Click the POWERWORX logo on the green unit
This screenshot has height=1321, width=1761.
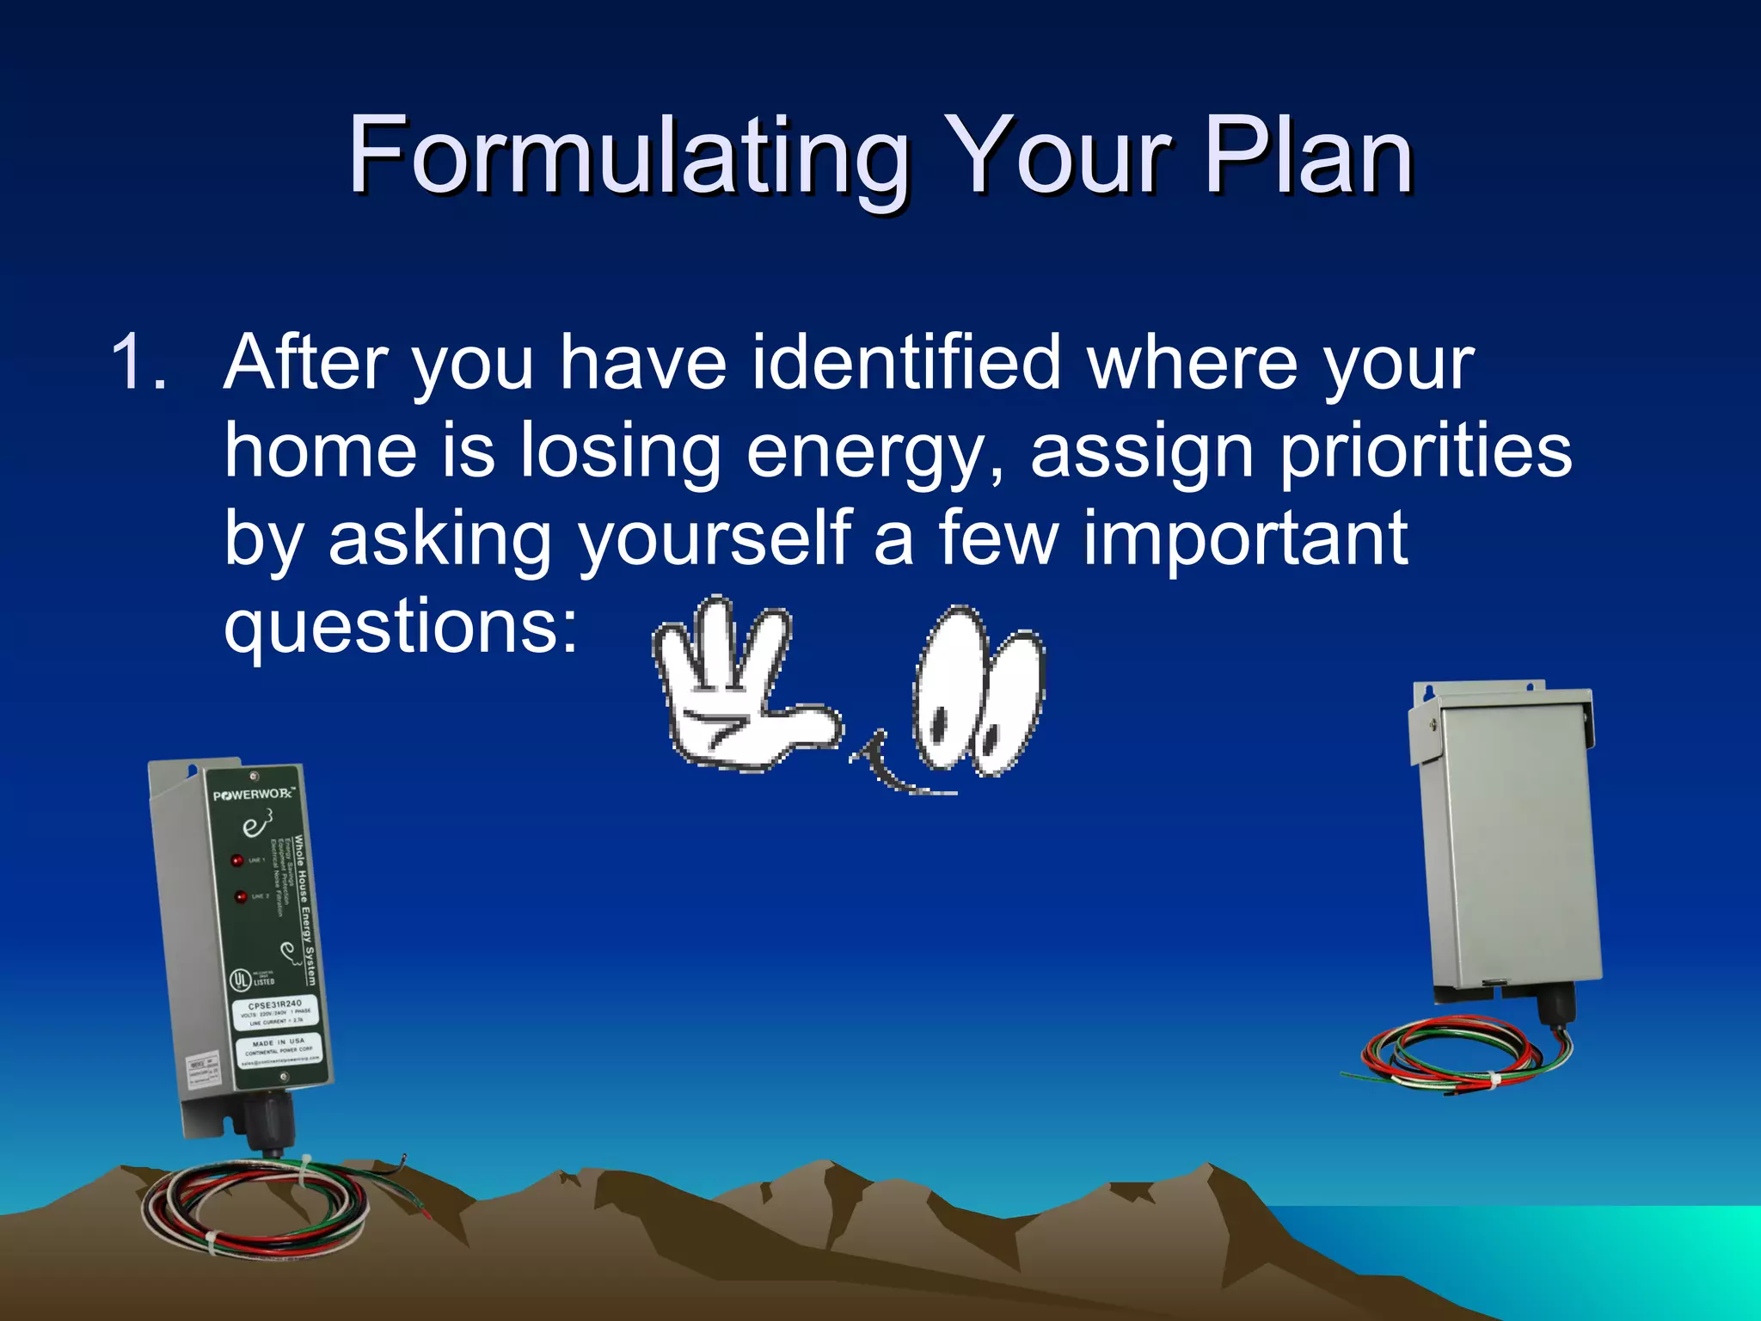point(253,794)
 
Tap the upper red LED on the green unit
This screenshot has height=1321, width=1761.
point(236,860)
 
